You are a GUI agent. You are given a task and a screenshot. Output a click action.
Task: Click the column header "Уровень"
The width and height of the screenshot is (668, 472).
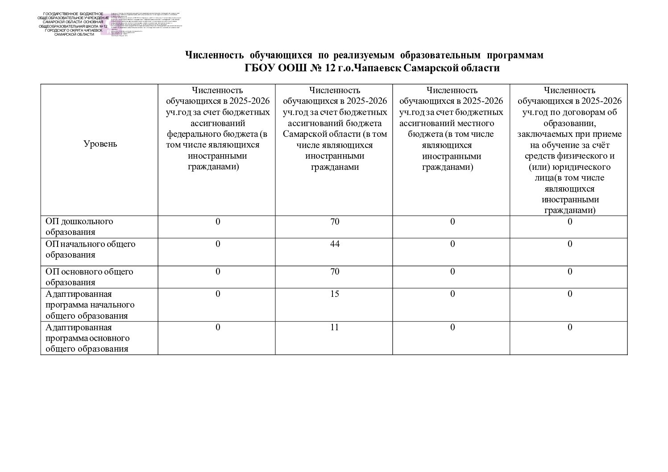(100, 144)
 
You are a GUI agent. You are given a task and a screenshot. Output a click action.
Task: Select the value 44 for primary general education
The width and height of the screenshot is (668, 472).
(335, 244)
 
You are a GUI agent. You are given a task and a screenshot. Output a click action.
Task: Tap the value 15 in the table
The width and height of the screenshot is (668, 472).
(335, 294)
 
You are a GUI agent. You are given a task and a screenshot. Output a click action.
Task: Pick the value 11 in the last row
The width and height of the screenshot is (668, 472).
(335, 328)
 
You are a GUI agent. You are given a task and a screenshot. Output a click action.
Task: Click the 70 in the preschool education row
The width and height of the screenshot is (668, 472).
(335, 222)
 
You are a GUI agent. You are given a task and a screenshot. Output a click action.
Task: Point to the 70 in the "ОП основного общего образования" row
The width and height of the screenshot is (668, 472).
(335, 272)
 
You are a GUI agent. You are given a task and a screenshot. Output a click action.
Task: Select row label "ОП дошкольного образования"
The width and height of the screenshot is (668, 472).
(79, 226)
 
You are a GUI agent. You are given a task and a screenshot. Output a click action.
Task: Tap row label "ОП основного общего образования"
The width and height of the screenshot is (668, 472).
(89, 277)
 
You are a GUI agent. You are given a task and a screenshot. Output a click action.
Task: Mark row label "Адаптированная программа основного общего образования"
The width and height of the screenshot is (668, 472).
(87, 338)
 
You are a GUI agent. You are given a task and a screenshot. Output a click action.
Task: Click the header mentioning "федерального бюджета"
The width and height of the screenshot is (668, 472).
(217, 128)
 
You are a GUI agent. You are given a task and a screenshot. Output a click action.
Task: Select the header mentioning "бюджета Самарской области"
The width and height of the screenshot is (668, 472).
(335, 128)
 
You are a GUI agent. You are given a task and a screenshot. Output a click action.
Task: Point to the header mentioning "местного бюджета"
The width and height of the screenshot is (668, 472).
(452, 128)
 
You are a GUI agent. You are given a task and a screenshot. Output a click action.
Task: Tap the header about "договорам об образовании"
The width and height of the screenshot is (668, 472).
(569, 150)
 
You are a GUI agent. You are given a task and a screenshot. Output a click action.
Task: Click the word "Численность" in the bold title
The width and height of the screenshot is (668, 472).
(214, 55)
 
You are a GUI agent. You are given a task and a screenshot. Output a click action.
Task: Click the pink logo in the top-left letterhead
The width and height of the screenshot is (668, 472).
(107, 25)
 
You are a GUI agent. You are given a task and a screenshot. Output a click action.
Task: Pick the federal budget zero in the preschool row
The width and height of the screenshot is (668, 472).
(218, 222)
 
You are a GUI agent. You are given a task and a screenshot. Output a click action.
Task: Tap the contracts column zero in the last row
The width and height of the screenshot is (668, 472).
(570, 328)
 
